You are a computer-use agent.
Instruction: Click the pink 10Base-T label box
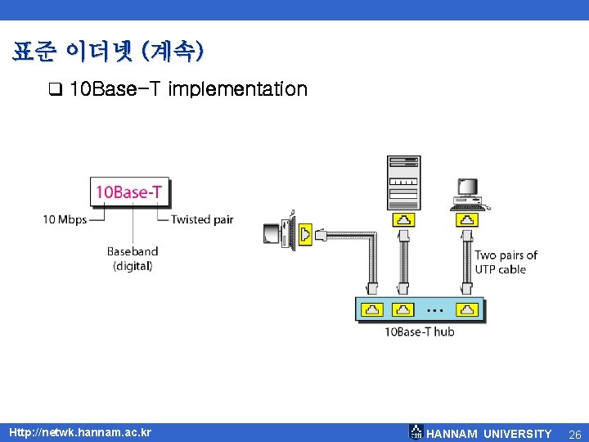(x=130, y=192)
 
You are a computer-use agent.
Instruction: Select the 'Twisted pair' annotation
(x=202, y=219)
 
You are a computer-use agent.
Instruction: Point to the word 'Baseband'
(x=133, y=251)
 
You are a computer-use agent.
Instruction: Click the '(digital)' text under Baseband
(x=133, y=265)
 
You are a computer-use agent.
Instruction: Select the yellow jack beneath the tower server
(x=403, y=219)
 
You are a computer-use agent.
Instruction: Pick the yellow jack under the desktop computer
(x=467, y=219)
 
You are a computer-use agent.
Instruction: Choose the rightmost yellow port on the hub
(x=466, y=309)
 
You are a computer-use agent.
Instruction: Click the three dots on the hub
(x=434, y=311)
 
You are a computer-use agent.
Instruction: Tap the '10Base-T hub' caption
(x=419, y=331)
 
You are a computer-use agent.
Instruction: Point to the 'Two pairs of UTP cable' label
(x=506, y=262)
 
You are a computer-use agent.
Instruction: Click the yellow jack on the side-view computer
(x=306, y=234)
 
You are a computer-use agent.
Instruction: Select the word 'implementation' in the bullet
(x=237, y=88)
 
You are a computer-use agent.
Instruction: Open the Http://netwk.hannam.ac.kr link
(x=79, y=432)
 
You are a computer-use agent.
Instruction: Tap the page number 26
(x=574, y=433)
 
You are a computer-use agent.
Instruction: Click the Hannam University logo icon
(x=416, y=432)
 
